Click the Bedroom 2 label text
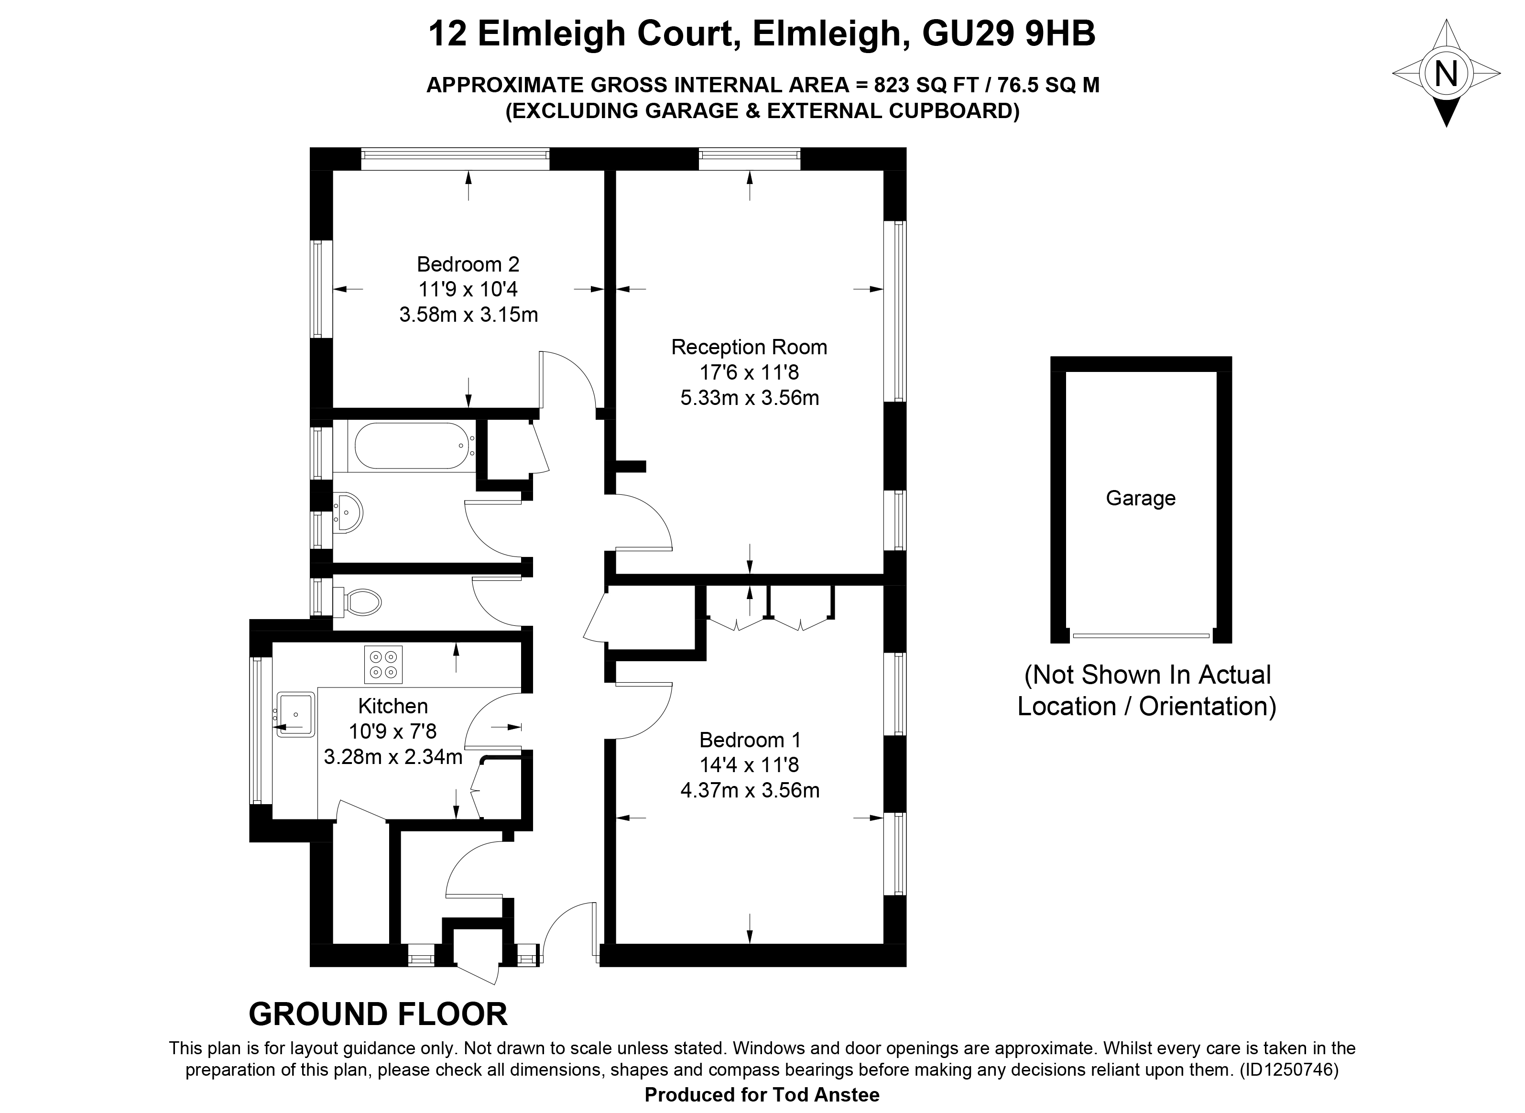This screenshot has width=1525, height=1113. [x=468, y=263]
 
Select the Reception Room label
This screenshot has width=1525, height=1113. [x=749, y=347]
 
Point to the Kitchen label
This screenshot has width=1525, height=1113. [x=392, y=706]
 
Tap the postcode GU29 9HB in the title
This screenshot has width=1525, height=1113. [x=1008, y=33]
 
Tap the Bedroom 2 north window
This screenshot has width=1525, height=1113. [x=455, y=154]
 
